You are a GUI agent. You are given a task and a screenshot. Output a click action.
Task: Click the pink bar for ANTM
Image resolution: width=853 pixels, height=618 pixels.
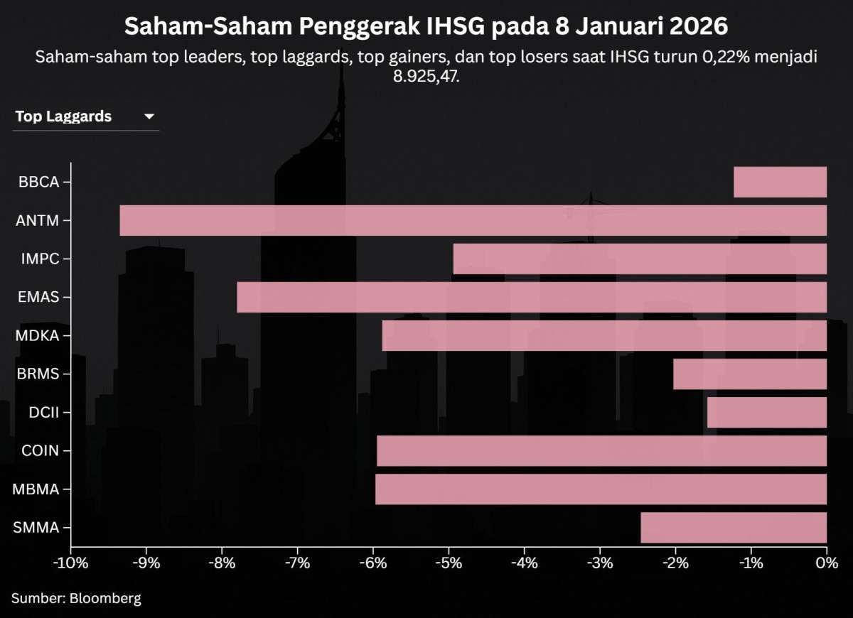pos(473,220)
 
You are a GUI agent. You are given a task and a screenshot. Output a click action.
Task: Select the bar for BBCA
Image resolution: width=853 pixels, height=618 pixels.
pos(780,182)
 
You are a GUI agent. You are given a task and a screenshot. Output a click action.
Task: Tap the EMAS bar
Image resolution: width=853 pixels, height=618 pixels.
pos(532,297)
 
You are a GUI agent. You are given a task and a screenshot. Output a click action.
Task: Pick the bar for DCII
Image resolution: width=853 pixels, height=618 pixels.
pos(767,412)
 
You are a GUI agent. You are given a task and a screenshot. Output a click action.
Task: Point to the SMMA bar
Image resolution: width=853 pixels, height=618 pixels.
pos(734,527)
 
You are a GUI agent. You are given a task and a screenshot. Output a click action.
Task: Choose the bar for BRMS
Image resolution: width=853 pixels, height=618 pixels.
pos(750,374)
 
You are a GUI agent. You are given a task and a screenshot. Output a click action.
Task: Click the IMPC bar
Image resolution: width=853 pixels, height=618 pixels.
pos(640,259)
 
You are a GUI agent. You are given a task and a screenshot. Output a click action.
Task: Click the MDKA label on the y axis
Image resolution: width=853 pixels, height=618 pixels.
pos(37,335)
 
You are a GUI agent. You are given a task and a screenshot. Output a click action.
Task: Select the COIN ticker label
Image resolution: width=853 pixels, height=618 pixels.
pos(40,450)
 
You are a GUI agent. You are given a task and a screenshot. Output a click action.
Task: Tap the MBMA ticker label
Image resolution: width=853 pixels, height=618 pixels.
pos(36,489)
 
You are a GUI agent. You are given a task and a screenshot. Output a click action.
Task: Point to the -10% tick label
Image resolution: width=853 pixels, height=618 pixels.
pos(71,564)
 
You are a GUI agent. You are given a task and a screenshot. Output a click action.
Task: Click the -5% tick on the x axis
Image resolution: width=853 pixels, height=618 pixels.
pos(449,564)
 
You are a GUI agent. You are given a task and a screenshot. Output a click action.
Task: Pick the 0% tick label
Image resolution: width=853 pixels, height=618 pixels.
pos(827,564)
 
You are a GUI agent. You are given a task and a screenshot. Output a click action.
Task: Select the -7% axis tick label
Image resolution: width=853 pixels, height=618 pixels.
pos(297,564)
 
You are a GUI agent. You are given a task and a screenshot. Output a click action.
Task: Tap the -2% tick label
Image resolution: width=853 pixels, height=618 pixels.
pos(675,564)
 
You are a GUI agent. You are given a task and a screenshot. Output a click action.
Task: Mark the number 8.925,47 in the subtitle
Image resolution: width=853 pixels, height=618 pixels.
pos(426,76)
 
